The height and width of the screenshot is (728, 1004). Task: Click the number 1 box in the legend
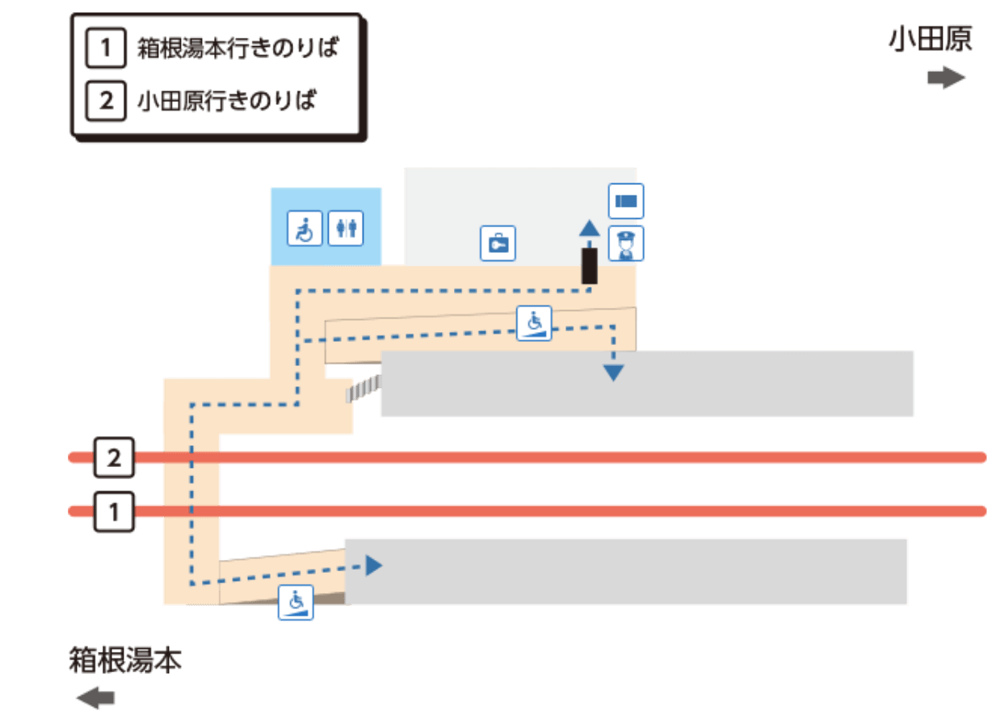[x=106, y=48]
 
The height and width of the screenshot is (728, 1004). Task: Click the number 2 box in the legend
[x=106, y=101]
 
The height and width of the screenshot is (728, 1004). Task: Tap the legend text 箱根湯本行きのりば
[x=237, y=48]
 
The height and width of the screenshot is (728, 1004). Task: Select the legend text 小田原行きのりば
[x=227, y=101]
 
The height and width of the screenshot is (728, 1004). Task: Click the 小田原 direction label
[x=930, y=39]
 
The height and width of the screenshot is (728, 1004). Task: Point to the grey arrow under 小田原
[x=946, y=78]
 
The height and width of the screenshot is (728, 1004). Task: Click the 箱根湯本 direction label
[x=125, y=660]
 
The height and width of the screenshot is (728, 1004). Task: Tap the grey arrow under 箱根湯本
[x=96, y=697]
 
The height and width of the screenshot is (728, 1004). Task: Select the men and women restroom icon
[x=346, y=229]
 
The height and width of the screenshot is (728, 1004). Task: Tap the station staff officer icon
[x=626, y=242]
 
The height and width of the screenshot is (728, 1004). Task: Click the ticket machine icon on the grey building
[x=498, y=243]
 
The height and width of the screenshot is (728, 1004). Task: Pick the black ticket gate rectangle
[x=590, y=266]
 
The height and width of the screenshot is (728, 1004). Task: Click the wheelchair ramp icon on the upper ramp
[x=534, y=323]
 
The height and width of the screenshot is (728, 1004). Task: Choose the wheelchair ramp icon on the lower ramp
[x=296, y=603]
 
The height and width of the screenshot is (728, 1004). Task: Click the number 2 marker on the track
[x=114, y=458]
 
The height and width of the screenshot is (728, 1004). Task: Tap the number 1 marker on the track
[x=114, y=511]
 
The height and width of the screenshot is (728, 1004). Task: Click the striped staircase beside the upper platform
[x=363, y=389]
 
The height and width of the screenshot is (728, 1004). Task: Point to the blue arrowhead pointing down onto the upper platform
[x=614, y=372]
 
